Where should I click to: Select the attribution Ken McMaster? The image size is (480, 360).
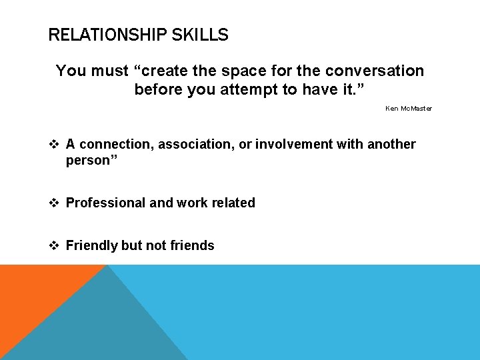click(x=408, y=108)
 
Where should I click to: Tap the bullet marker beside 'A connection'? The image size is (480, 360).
click(x=55, y=144)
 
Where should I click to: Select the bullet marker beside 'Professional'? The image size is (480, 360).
click(x=55, y=203)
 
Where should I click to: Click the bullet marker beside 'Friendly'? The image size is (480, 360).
click(x=55, y=245)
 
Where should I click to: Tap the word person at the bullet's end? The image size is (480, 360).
click(x=87, y=160)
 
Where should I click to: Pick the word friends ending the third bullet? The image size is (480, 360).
click(x=192, y=245)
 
